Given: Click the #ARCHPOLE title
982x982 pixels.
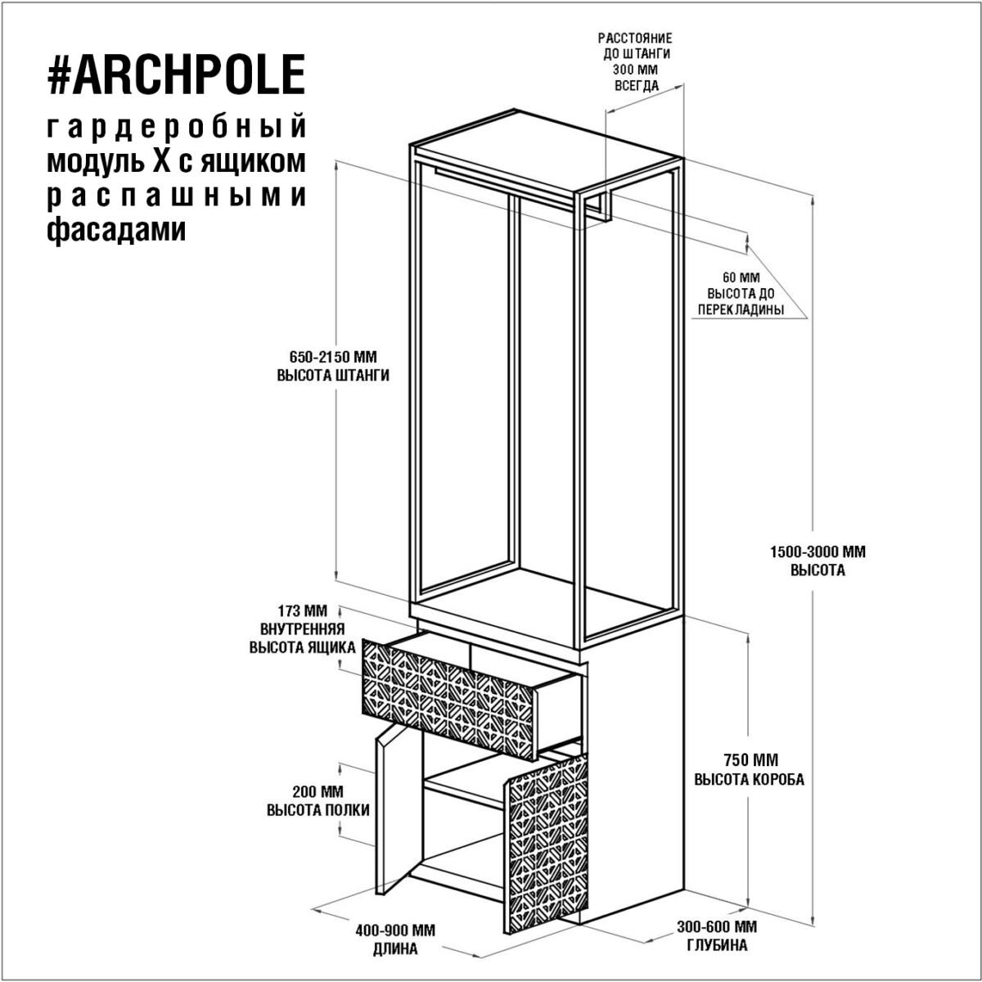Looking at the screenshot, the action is [x=176, y=74].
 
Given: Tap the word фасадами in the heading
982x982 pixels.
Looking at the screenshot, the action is [x=116, y=229].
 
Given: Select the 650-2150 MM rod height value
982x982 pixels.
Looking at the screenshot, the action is [x=333, y=356].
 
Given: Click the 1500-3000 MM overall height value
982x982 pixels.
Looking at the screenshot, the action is [x=818, y=552].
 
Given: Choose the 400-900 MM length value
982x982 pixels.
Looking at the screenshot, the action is [x=395, y=930].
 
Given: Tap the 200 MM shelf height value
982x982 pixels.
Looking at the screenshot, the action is [x=318, y=791].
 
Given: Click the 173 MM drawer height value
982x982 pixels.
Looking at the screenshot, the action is [x=303, y=610].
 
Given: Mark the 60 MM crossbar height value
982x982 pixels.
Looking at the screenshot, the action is [x=741, y=277].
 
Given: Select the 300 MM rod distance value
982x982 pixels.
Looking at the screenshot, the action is [x=635, y=70].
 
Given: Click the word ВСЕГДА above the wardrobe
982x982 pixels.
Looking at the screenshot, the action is [x=637, y=85].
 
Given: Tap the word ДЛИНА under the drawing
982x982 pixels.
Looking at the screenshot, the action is [x=395, y=949].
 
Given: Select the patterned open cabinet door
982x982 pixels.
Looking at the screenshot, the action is [x=547, y=847].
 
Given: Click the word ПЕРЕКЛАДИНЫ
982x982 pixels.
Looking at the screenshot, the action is [x=741, y=309].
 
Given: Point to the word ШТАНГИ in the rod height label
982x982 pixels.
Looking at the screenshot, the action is [x=361, y=375].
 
